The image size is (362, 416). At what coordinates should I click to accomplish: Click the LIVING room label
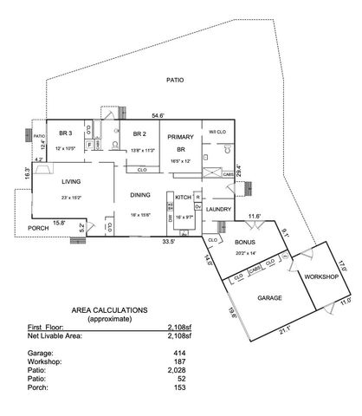click(x=70, y=182)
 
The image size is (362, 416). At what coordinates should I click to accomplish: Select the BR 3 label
click(x=64, y=133)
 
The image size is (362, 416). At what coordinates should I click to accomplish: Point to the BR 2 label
click(x=139, y=133)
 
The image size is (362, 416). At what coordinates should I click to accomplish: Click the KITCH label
click(x=184, y=198)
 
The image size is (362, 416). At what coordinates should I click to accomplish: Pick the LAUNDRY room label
click(x=219, y=209)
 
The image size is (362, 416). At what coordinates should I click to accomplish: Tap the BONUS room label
click(x=244, y=243)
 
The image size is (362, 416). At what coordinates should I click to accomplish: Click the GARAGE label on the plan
click(x=269, y=297)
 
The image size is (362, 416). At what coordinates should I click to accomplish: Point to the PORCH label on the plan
click(x=38, y=228)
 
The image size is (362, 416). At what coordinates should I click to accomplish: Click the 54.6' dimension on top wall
click(x=159, y=115)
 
